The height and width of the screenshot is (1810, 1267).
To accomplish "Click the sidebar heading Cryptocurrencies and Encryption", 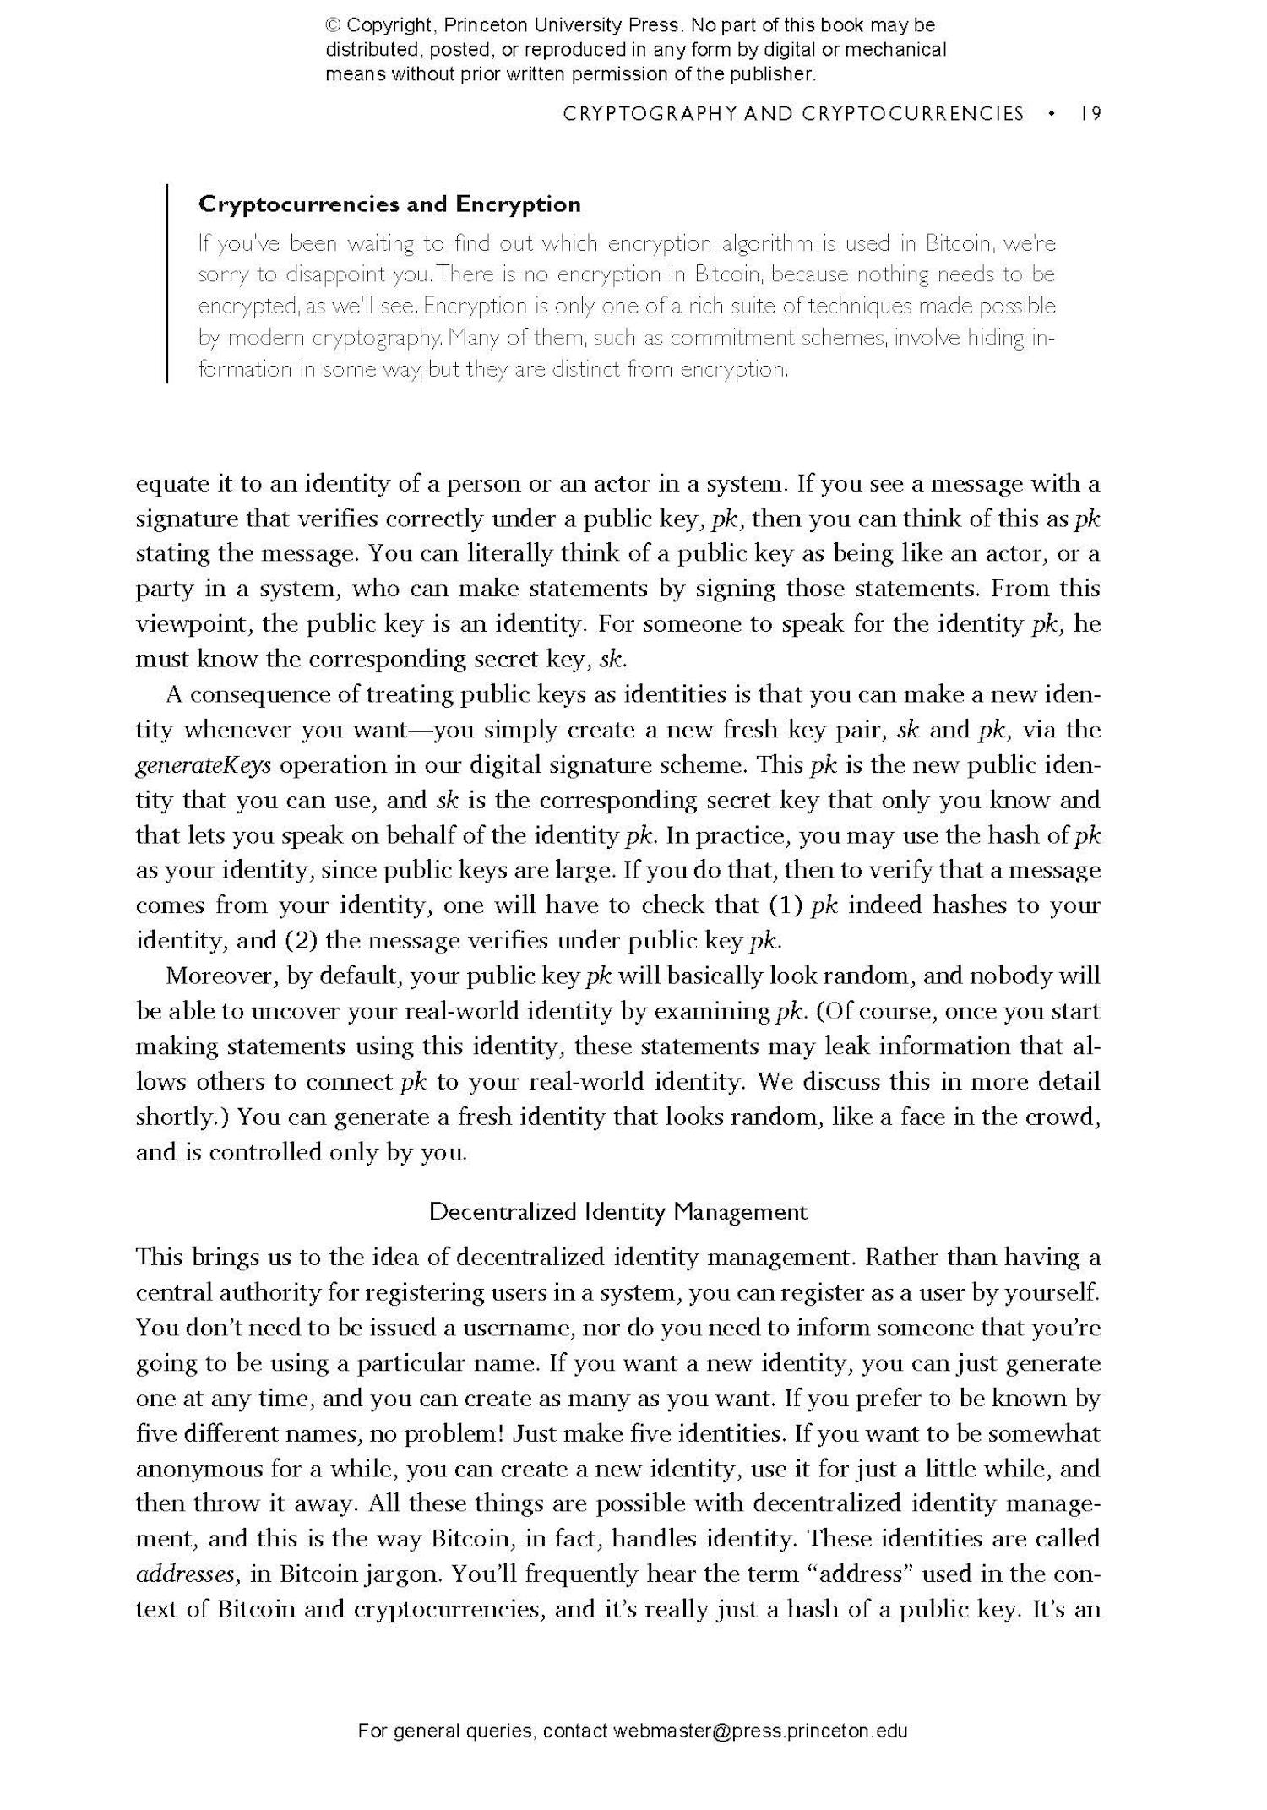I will pos(389,204).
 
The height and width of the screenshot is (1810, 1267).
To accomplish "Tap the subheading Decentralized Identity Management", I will pos(618,1212).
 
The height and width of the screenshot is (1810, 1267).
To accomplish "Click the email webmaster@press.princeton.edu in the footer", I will pos(760,1731).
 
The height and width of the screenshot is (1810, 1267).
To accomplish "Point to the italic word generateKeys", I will pos(204,765).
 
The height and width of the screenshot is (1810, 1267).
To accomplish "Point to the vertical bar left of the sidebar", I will pos(167,284).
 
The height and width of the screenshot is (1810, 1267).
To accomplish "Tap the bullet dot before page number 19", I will pos(1051,113).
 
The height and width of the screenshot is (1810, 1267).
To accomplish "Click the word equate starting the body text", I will pos(171,485).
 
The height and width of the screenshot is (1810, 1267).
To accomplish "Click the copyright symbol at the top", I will pos(333,25).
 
